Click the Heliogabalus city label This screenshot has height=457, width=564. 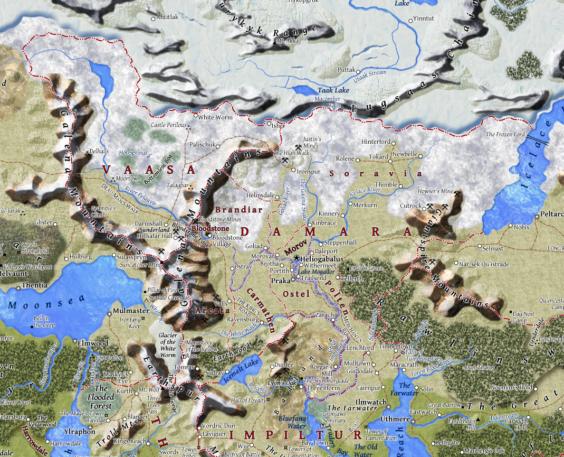(x=322, y=259)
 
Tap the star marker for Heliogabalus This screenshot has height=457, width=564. (x=297, y=258)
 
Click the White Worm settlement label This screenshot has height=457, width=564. (x=215, y=117)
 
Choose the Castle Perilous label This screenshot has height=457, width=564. (x=168, y=125)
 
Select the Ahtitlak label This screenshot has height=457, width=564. (x=168, y=17)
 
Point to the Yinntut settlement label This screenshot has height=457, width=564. (x=424, y=18)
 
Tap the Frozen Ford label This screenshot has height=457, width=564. (x=505, y=134)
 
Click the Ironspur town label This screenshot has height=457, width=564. (x=309, y=171)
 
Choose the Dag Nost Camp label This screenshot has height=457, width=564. (x=527, y=316)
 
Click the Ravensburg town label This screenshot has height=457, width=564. (x=242, y=320)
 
